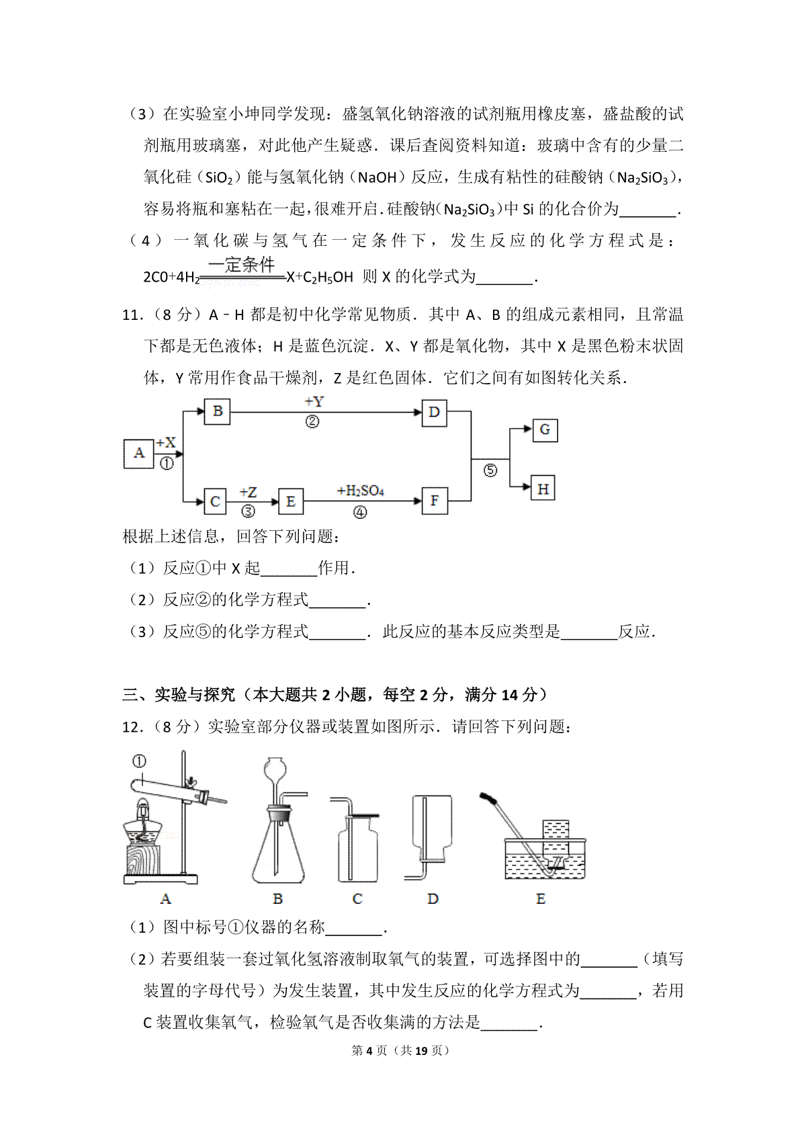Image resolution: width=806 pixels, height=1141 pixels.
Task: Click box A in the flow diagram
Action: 139,453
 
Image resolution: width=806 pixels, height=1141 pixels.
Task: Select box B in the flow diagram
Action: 217,411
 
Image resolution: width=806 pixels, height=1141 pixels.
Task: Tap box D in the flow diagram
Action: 434,411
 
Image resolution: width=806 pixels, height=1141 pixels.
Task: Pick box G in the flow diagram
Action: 544,429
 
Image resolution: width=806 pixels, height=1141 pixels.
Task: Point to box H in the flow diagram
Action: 543,489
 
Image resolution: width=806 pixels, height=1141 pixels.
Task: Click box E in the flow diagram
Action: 290,501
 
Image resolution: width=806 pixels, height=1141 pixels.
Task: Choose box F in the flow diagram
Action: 435,501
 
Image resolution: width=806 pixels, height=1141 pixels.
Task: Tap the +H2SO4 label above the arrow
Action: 360,491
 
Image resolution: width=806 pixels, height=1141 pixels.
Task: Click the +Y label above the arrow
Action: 314,402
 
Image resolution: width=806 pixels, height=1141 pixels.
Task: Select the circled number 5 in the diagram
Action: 490,470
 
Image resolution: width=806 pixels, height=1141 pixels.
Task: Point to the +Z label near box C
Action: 248,493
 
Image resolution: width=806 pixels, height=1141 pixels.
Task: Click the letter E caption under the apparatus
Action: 541,898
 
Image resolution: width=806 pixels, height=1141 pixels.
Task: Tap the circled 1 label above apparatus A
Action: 139,761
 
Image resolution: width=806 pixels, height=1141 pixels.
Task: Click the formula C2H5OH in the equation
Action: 328,276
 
